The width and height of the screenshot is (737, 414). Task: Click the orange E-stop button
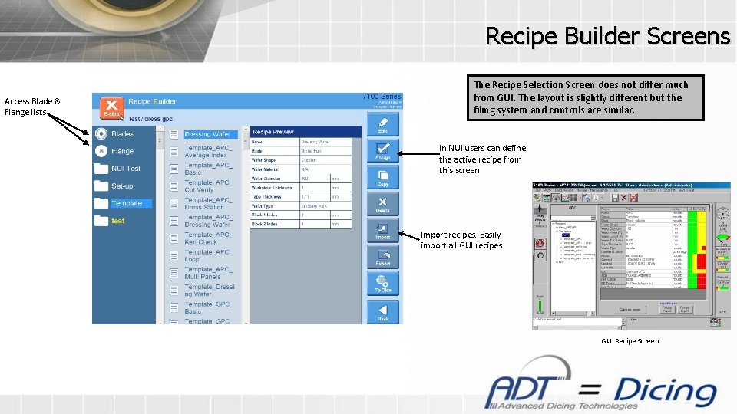point(111,107)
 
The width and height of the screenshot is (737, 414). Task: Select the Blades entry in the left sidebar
point(122,133)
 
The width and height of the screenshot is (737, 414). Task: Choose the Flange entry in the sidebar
point(122,151)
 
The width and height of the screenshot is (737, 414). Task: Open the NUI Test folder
point(125,169)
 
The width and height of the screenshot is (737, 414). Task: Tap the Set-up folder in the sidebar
point(121,186)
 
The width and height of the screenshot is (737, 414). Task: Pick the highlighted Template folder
point(126,203)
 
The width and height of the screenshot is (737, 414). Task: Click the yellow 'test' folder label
point(117,221)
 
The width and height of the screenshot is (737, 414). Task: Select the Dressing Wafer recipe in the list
point(207,134)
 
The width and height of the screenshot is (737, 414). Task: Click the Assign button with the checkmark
point(382,150)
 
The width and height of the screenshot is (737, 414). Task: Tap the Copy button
point(382,177)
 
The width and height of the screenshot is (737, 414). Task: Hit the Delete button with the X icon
point(382,204)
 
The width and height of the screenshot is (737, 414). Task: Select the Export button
point(382,257)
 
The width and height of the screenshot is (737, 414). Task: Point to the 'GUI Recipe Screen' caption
point(630,341)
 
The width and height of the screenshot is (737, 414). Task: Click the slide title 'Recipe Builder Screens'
point(607,35)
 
